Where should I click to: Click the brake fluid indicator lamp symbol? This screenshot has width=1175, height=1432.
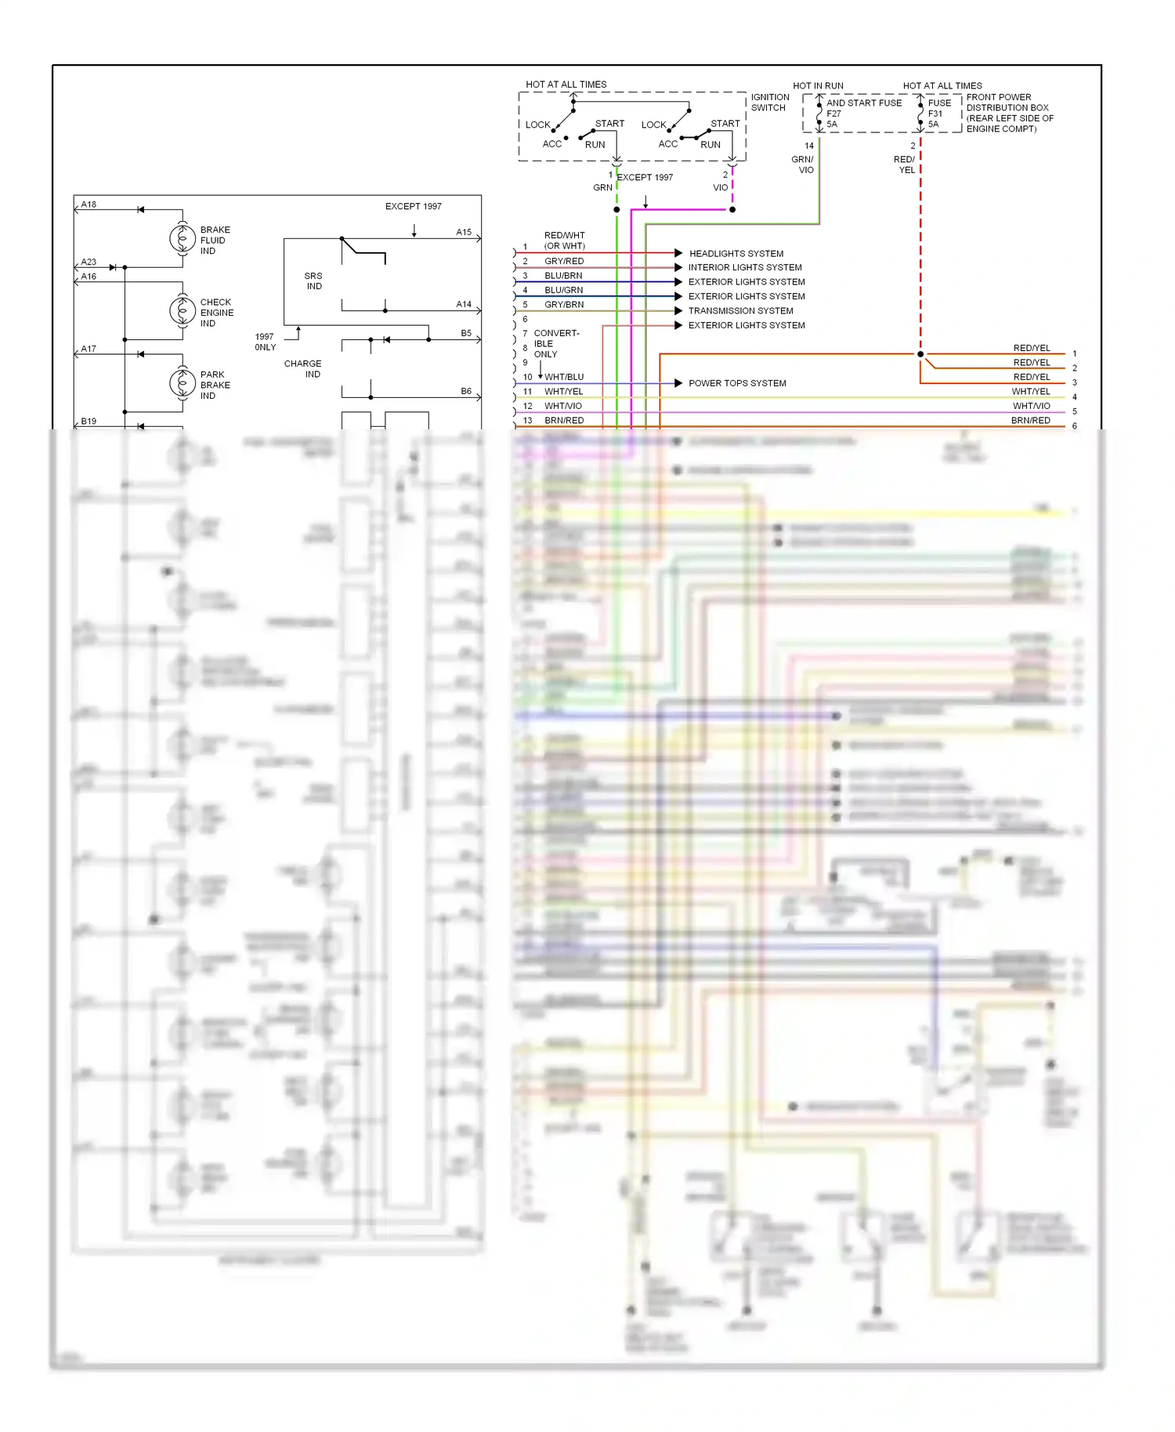183,238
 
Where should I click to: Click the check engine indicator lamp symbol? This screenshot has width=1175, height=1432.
183,311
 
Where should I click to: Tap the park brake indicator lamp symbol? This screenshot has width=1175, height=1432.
183,383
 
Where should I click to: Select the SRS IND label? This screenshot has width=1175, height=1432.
313,281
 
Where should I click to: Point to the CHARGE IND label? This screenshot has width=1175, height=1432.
303,369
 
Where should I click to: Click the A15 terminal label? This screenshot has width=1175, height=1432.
464,232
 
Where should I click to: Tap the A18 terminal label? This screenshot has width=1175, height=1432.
89,204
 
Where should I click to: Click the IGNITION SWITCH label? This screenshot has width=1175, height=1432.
769,103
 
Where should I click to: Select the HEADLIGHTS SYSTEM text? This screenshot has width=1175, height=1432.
736,254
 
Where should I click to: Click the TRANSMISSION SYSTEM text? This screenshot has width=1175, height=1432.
740,311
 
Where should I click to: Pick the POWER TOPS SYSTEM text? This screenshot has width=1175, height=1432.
736,383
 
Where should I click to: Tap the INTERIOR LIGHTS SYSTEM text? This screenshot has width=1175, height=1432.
744,267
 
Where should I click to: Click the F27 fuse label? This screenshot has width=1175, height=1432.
833,114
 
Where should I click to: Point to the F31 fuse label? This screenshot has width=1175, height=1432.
935,114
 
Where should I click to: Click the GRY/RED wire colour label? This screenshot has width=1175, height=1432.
564,261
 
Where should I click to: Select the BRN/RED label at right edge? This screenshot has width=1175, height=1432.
1030,421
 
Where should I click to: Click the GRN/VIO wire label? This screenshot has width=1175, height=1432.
803,165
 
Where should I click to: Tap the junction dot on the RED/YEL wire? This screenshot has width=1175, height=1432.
920,354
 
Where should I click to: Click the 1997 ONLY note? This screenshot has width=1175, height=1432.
265,342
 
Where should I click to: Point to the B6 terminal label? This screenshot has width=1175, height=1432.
466,391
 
